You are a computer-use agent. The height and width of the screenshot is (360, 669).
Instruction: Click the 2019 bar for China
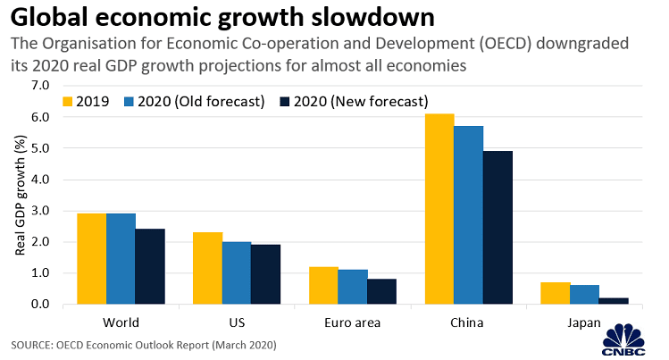pyautogui.click(x=439, y=209)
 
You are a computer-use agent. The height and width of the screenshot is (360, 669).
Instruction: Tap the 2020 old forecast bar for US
pyautogui.click(x=236, y=273)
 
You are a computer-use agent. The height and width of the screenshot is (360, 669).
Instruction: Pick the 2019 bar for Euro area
pyautogui.click(x=323, y=286)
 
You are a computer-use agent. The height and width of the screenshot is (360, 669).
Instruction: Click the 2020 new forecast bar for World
pyautogui.click(x=149, y=266)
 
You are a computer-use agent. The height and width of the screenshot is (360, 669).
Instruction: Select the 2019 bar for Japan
pyautogui.click(x=555, y=293)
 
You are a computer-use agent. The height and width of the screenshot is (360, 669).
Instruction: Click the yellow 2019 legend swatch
pyautogui.click(x=66, y=101)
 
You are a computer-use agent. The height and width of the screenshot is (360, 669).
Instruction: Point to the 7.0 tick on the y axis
pyautogui.click(x=41, y=86)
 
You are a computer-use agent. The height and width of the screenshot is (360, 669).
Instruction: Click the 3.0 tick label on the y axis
pyautogui.click(x=41, y=211)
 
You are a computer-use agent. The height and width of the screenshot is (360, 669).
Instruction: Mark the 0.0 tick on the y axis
pyautogui.click(x=41, y=305)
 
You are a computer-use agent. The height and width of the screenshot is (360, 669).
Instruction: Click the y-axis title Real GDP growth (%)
pyautogui.click(x=18, y=195)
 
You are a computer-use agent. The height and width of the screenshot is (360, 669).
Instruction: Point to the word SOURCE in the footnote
pyautogui.click(x=31, y=344)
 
